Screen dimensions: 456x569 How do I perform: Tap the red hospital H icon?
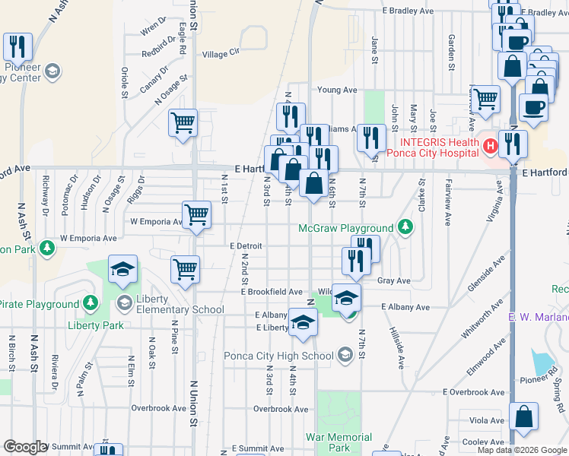pyautogui.click(x=491, y=144)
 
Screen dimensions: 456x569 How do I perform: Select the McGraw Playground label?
pyautogui.click(x=346, y=228)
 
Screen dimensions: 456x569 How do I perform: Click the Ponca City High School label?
pyautogui.click(x=278, y=356)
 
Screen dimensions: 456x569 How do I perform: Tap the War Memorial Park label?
pyautogui.click(x=339, y=443)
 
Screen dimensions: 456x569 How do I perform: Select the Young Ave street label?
pyautogui.click(x=337, y=90)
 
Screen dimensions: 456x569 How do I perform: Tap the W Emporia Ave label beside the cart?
pyautogui.click(x=155, y=222)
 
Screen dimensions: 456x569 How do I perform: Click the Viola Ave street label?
pyautogui.click(x=487, y=420)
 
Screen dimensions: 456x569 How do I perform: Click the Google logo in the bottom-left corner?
pyautogui.click(x=25, y=447)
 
